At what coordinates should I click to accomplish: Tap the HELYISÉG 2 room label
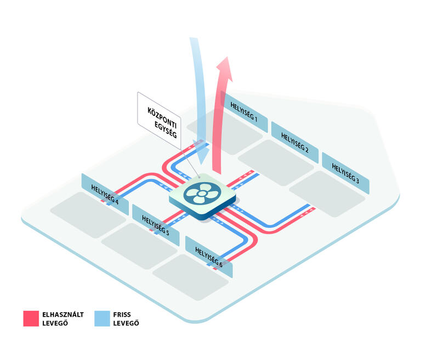click(295, 143)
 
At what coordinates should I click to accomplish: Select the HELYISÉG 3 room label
click(345, 173)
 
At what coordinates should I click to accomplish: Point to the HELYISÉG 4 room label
click(105, 194)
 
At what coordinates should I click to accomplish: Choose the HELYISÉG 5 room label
click(156, 225)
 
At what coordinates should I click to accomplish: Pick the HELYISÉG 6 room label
click(209, 257)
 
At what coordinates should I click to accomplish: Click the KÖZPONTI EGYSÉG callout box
click(159, 121)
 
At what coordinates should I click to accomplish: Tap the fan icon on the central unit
click(202, 193)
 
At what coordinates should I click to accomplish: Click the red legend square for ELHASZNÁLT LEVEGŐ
click(31, 319)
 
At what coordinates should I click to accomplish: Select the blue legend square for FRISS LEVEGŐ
click(102, 319)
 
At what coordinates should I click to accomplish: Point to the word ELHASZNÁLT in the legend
click(63, 314)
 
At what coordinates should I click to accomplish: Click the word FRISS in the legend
click(122, 314)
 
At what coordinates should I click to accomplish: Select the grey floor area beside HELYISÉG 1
click(225, 132)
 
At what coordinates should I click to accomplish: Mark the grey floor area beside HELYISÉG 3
click(327, 194)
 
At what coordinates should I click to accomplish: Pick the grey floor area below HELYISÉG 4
click(88, 215)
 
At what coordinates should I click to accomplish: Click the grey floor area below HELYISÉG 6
click(191, 277)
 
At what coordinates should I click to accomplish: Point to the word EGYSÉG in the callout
click(166, 130)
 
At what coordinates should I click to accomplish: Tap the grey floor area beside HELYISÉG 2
click(276, 162)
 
